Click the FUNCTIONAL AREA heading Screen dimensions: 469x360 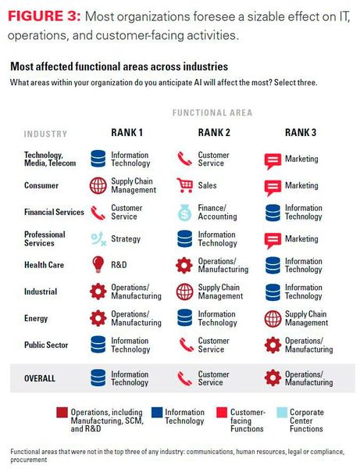(x=212, y=113)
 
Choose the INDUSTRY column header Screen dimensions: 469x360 (x=45, y=134)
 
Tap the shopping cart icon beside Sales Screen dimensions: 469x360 (x=185, y=185)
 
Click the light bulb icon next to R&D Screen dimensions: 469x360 (x=98, y=265)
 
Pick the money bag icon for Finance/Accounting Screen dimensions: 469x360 (x=185, y=213)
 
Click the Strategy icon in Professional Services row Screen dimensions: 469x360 (x=98, y=239)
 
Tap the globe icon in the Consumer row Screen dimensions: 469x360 (x=98, y=185)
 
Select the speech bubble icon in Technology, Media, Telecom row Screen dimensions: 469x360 (x=273, y=159)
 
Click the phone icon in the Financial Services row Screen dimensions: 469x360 (x=98, y=213)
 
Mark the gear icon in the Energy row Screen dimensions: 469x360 (x=98, y=318)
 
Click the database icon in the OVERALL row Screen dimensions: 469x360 (x=98, y=378)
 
